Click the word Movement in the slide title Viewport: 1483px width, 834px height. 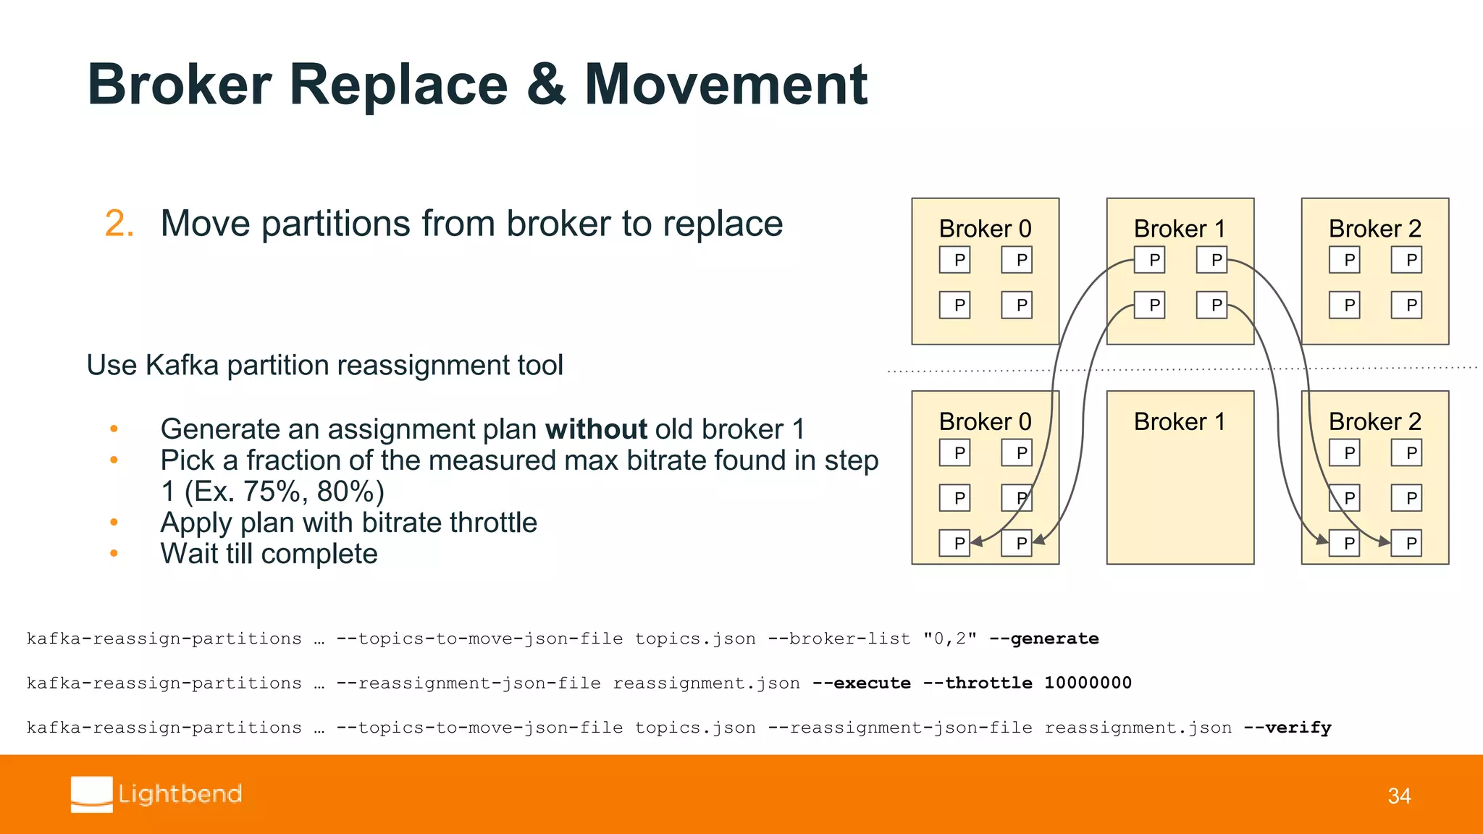(726, 85)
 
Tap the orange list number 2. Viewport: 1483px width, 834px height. (119, 224)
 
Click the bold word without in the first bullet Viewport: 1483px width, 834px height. (596, 429)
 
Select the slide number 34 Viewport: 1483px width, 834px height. (1399, 796)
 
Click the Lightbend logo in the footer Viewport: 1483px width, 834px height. (156, 794)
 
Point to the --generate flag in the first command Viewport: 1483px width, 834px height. (1043, 639)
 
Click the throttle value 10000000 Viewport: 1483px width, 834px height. (1088, 683)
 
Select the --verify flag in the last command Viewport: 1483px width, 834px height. (1287, 728)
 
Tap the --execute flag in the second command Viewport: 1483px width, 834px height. (861, 683)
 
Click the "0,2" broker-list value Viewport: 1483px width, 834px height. (949, 639)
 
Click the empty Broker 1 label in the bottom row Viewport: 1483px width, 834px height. (1180, 421)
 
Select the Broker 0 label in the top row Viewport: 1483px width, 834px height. (985, 229)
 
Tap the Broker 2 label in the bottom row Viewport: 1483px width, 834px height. (1374, 421)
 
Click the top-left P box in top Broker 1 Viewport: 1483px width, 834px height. (1150, 260)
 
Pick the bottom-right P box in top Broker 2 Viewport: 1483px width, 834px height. (1406, 305)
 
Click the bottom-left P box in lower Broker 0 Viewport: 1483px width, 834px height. (954, 543)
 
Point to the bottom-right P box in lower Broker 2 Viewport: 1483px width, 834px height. (1406, 543)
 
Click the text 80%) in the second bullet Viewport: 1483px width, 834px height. (350, 492)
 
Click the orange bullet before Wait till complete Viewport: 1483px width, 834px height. (114, 554)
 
